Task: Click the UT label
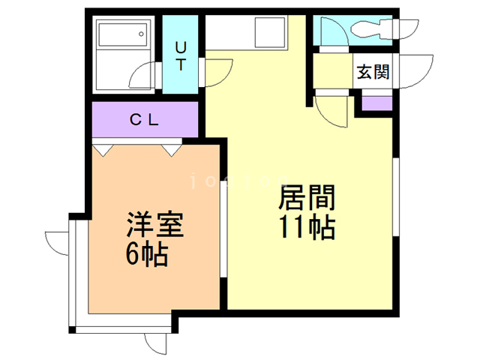coord(181,55)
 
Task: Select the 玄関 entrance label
coord(372,73)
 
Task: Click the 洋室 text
coord(155,226)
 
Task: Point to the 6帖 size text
coord(146,255)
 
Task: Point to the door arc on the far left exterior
coord(56,244)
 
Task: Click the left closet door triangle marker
coord(104,149)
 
